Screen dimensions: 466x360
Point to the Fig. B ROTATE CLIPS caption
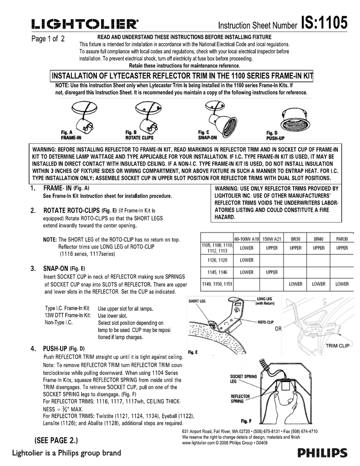click(139, 135)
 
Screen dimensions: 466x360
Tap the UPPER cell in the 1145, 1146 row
click(271, 272)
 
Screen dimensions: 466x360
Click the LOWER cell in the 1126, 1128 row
click(246, 260)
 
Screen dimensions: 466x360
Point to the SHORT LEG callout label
click(197, 301)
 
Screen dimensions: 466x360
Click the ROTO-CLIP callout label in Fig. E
click(265, 321)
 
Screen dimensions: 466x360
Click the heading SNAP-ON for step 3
click(56, 268)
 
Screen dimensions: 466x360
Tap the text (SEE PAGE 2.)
click(56, 441)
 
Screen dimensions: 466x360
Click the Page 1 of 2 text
click(48, 39)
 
